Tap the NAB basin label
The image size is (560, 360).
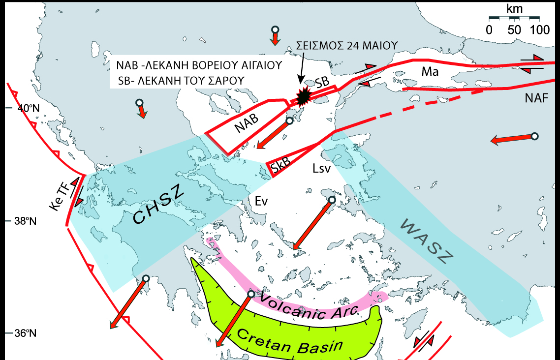[x=247, y=126]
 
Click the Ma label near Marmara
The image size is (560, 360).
[x=430, y=72]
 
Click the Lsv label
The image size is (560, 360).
[x=321, y=169]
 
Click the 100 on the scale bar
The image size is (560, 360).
[x=540, y=30]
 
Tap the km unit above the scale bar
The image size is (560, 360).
[x=514, y=8]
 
